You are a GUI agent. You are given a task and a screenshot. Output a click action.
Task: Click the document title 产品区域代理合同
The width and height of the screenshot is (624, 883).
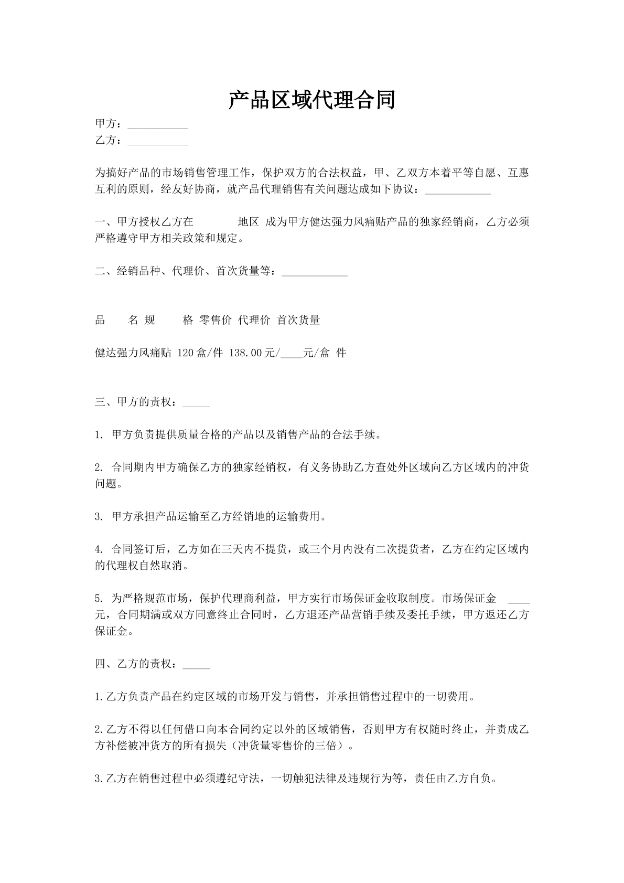click(311, 100)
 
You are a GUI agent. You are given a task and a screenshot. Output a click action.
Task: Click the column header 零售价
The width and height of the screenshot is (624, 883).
click(216, 321)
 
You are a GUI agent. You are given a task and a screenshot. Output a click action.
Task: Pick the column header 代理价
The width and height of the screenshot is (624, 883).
click(254, 321)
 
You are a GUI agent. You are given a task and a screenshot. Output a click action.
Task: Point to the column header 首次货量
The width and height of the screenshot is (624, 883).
click(298, 321)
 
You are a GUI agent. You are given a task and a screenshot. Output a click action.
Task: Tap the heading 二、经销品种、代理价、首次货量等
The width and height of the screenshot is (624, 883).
click(185, 272)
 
